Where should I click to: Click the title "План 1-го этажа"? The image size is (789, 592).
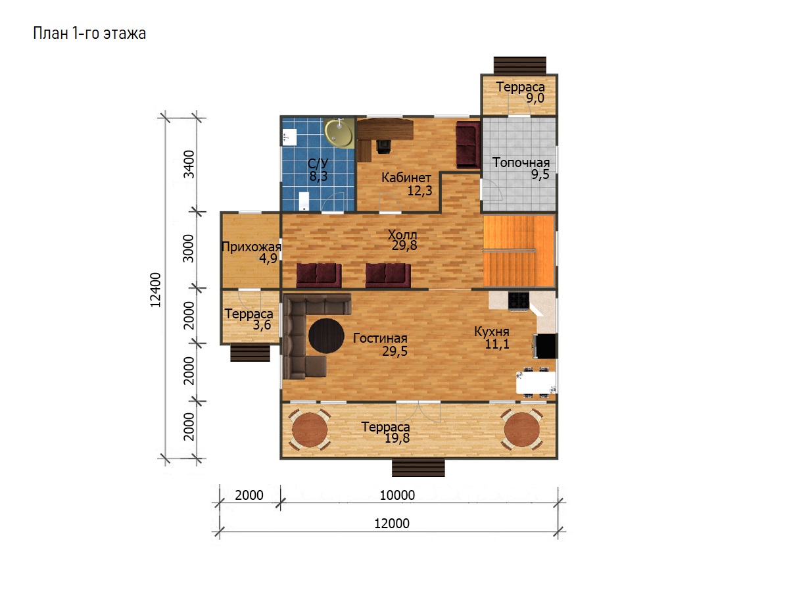(x=89, y=34)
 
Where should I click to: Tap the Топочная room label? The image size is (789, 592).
(x=521, y=162)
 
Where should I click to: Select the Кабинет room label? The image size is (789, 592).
(x=406, y=177)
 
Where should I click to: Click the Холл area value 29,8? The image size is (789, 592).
(x=404, y=245)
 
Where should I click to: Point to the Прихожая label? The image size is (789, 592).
(x=251, y=247)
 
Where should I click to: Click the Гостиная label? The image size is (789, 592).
(x=380, y=338)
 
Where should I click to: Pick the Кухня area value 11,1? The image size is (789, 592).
(x=497, y=344)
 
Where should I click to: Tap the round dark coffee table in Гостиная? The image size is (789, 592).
(x=326, y=335)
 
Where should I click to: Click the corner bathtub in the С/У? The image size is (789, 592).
(x=339, y=133)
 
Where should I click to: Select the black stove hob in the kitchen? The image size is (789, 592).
(x=518, y=301)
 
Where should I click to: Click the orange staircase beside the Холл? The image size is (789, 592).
(x=518, y=251)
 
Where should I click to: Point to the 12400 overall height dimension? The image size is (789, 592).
(x=155, y=290)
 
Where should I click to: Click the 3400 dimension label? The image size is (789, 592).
(x=189, y=164)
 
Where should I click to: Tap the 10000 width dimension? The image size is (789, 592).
(x=397, y=495)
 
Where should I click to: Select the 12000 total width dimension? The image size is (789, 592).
(x=392, y=524)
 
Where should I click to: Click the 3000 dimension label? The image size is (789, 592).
(x=188, y=249)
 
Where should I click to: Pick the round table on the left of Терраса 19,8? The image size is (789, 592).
(x=310, y=430)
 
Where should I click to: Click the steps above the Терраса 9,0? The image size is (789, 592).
(x=520, y=65)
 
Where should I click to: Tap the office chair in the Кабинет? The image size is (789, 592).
(x=383, y=146)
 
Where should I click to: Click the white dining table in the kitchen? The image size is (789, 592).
(x=536, y=383)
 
